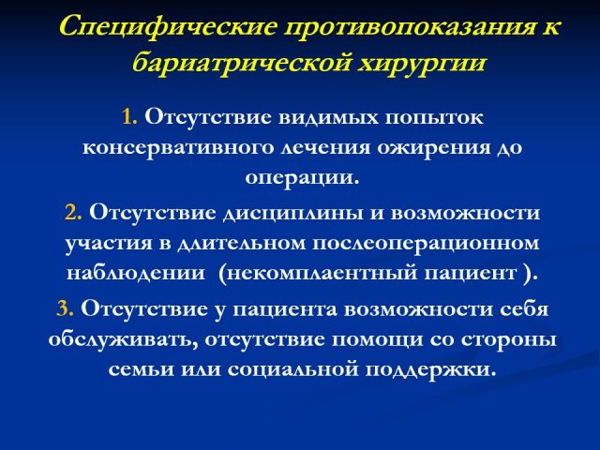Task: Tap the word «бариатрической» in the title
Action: [241, 62]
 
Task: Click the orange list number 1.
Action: [129, 117]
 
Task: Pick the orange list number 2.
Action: [73, 213]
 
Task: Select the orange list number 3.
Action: [65, 308]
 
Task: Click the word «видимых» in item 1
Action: [328, 117]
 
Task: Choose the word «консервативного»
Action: [178, 148]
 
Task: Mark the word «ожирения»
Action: [433, 148]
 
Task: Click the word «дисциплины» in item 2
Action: [293, 214]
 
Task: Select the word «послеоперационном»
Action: [426, 244]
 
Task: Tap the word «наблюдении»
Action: [136, 273]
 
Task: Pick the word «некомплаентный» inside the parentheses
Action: [321, 273]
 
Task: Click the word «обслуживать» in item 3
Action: [124, 339]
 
